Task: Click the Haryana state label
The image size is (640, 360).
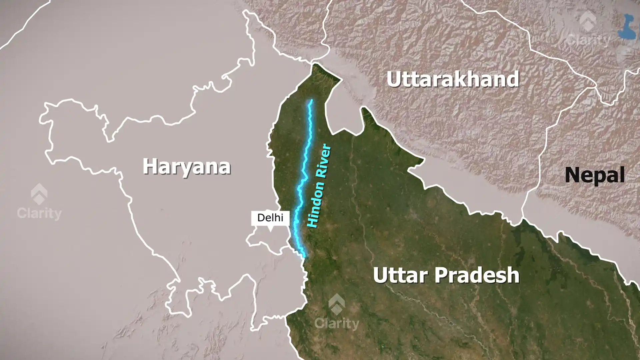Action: point(187,166)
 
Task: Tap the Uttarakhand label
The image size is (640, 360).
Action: point(453,79)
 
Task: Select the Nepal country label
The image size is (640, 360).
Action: point(595,175)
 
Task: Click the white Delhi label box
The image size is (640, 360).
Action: point(270,218)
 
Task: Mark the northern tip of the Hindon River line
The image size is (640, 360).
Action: point(311,100)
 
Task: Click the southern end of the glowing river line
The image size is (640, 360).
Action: point(304,257)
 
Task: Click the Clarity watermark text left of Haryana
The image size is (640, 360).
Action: point(39,213)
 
